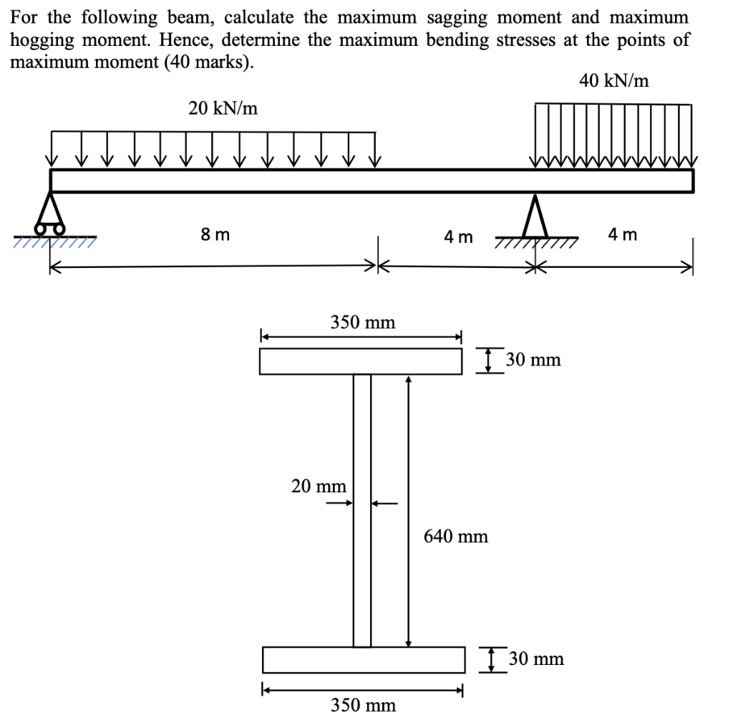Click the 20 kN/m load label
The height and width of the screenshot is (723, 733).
pos(223,108)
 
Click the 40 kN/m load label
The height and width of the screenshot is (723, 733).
pos(614,81)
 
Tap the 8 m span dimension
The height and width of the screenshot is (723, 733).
pos(215,234)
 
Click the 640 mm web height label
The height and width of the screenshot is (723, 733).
pos(456,536)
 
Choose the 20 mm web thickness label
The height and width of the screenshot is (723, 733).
pos(319,487)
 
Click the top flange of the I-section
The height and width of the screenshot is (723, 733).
pos(361,361)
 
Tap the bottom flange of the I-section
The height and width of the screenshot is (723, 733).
pos(364,659)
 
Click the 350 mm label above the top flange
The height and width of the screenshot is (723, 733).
pos(363,322)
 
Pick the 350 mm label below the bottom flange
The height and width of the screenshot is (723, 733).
pos(363,705)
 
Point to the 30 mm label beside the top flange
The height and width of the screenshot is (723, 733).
pos(533,360)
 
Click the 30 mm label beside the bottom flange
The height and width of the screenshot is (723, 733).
pos(535,659)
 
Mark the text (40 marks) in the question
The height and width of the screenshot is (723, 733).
pos(208,61)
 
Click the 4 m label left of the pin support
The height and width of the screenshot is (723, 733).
pos(458,236)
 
